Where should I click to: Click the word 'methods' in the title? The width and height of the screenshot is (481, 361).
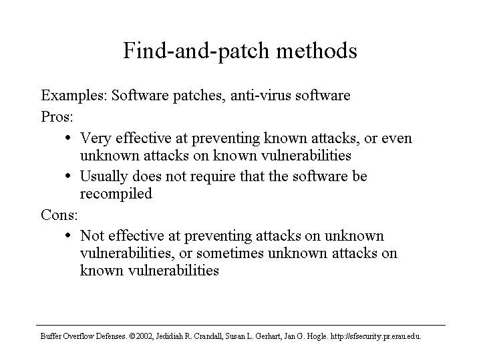click(317, 50)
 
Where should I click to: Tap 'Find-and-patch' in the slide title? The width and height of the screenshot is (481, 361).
click(196, 51)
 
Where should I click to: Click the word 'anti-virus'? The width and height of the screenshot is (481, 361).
click(261, 95)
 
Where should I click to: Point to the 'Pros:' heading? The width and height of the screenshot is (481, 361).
click(57, 116)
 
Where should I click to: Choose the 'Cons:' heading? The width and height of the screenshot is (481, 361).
click(59, 215)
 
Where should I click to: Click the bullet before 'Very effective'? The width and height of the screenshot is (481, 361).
click(68, 138)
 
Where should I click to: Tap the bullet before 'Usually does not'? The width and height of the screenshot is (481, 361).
click(68, 176)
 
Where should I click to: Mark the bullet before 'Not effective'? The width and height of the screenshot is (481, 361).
click(68, 235)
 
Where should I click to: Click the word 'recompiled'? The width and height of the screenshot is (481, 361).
click(116, 194)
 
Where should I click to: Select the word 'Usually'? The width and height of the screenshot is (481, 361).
click(104, 176)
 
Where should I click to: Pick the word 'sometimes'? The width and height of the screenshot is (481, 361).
click(230, 253)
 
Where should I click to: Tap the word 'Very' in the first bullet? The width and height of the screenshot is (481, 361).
click(96, 138)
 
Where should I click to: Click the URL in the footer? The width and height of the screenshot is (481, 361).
click(375, 336)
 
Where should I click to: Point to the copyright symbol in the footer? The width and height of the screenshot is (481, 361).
click(132, 336)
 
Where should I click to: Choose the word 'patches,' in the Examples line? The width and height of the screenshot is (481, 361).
click(198, 96)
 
